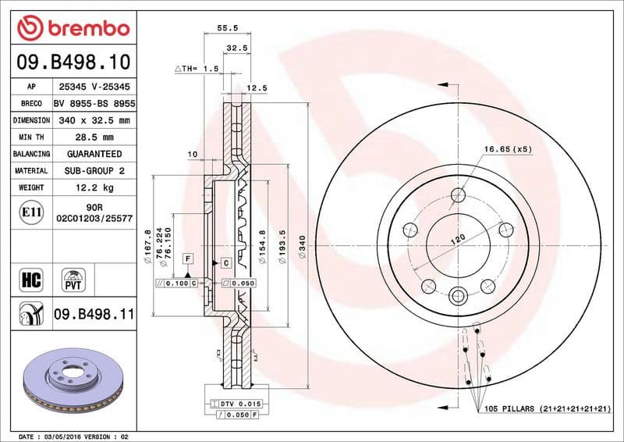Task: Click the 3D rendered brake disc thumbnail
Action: tap(71, 381)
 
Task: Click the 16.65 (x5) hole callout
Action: tap(507, 148)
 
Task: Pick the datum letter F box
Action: tap(187, 258)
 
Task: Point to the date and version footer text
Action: tap(72, 436)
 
